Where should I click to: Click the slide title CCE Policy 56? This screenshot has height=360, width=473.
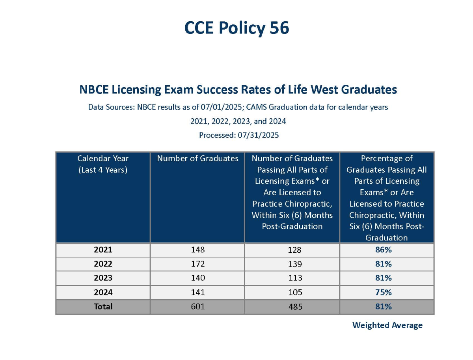point(237,28)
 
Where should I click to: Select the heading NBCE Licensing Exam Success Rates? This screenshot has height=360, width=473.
point(238,90)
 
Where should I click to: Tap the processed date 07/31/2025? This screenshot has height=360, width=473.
point(258,135)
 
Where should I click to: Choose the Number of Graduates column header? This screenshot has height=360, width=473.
point(197,159)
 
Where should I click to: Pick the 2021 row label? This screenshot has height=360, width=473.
point(103,250)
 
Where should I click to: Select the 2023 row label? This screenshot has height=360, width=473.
point(103,278)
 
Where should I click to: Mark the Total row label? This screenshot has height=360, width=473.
point(103,306)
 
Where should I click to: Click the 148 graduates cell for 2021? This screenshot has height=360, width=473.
point(197,250)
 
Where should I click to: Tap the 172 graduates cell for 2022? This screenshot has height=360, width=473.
point(197,264)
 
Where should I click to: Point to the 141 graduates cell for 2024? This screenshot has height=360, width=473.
point(197,292)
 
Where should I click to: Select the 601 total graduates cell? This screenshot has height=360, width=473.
point(197,306)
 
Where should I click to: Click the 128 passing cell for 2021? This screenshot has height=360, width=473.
point(292,250)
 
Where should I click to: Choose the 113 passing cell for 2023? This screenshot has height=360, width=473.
point(292,278)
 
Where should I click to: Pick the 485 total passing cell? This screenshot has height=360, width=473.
point(292,306)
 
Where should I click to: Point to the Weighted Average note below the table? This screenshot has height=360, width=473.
point(387,325)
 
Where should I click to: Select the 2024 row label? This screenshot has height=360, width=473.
point(103,292)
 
